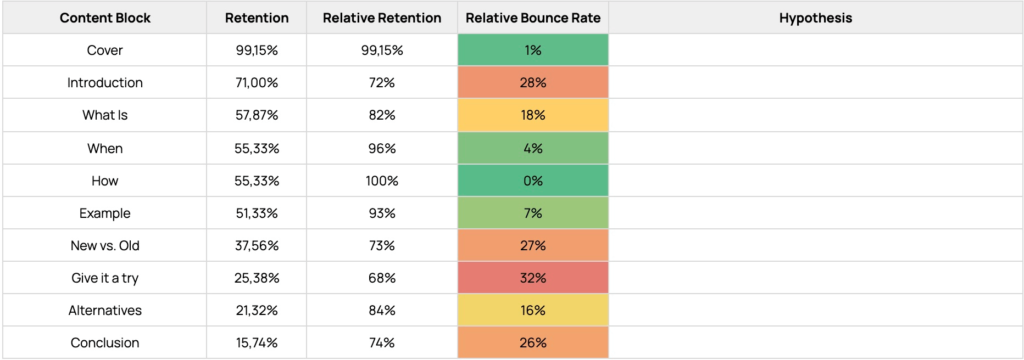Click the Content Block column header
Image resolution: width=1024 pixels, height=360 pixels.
click(x=104, y=18)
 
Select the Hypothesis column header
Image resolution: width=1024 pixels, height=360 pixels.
click(x=816, y=18)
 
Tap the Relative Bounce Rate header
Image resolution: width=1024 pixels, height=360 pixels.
click(x=533, y=18)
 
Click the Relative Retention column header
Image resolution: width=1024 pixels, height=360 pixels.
click(x=382, y=18)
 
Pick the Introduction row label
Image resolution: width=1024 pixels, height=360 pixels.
click(x=104, y=83)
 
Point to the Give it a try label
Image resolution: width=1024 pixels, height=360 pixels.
click(x=104, y=278)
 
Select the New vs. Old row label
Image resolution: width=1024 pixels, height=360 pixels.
click(x=104, y=246)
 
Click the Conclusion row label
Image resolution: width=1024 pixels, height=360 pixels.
click(x=104, y=343)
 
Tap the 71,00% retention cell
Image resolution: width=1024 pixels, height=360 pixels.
click(x=257, y=83)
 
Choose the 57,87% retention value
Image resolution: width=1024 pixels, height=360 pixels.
click(x=257, y=116)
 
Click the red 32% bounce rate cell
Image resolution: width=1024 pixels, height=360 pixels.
click(x=533, y=278)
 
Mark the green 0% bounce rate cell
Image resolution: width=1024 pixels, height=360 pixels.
click(x=533, y=181)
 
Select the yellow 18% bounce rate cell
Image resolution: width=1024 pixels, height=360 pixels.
click(x=533, y=116)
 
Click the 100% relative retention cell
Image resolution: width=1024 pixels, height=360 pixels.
click(x=382, y=181)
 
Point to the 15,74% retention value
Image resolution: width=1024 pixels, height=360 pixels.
click(x=257, y=343)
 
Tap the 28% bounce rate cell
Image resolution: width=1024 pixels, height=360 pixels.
click(x=533, y=83)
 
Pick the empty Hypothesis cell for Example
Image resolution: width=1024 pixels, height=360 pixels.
click(x=816, y=213)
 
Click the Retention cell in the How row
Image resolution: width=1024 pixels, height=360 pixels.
click(x=257, y=181)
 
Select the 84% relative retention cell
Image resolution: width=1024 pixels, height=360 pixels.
click(x=382, y=310)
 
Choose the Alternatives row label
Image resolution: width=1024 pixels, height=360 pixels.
click(x=104, y=310)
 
